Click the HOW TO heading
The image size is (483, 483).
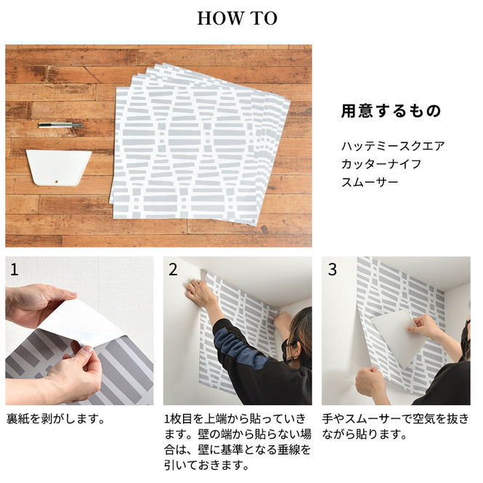[237, 19]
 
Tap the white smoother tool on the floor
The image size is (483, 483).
[58, 166]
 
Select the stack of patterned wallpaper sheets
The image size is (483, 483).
[200, 142]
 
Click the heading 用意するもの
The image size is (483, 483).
[391, 111]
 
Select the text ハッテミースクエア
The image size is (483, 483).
[392, 146]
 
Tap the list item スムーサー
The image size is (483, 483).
[370, 182]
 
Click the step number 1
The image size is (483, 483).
[15, 269]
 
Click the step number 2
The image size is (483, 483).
[173, 269]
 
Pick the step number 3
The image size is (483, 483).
[332, 269]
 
